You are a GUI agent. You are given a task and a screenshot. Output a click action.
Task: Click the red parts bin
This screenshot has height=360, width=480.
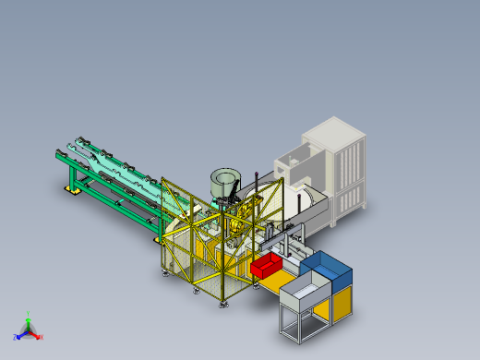[x=267, y=266]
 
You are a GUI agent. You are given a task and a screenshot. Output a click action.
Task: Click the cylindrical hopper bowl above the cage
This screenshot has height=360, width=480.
[x=223, y=181]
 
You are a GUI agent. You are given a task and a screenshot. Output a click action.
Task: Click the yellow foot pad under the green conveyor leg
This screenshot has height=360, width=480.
[x=70, y=189]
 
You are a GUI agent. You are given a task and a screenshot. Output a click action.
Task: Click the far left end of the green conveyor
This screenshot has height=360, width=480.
[x=59, y=152]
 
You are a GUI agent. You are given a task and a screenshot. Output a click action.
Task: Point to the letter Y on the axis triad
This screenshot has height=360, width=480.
[x=29, y=314]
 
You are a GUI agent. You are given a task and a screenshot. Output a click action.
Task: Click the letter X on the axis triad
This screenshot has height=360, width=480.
[x=41, y=337]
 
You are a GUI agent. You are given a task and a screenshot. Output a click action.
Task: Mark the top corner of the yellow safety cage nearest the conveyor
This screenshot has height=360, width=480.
[x=162, y=178]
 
